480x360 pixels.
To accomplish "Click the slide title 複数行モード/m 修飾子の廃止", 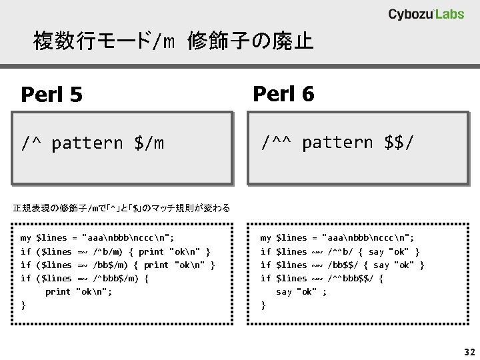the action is (173, 43).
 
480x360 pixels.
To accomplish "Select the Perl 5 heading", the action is (52, 95).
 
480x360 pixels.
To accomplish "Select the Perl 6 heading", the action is (283, 95).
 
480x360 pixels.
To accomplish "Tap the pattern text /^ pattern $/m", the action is (93, 143).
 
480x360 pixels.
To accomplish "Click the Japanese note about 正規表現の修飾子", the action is (121, 209).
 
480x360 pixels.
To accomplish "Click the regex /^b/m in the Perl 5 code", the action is (108, 251).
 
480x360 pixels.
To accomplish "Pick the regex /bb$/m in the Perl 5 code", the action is (111, 265).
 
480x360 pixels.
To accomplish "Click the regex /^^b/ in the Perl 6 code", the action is (343, 251).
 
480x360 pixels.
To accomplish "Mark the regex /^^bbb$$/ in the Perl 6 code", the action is (351, 278).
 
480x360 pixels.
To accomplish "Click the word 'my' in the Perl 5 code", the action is (26, 238).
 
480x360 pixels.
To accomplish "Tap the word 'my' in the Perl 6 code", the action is (265, 238).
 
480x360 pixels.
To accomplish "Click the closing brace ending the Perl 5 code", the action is (23, 305).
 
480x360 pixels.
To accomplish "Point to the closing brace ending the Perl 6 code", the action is (263, 305).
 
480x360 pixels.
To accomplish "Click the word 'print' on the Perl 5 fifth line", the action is (58, 291).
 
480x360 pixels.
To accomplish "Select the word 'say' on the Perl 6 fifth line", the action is (284, 291).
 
